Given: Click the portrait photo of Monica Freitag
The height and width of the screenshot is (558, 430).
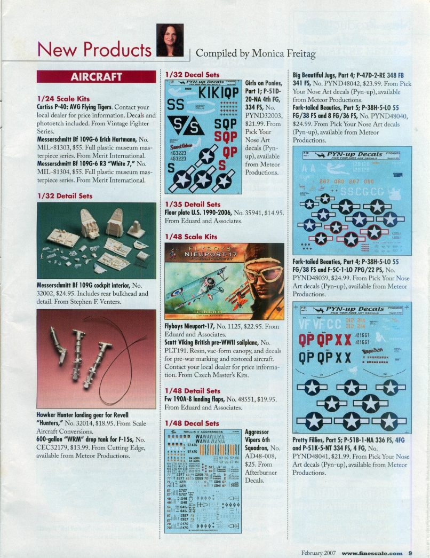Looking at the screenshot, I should [x=170, y=41].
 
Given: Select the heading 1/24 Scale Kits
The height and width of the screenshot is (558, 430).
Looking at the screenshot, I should [x=63, y=99].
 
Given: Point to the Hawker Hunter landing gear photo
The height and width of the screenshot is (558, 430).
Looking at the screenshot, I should [x=96, y=360].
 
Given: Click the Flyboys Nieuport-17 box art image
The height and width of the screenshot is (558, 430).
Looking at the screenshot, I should [x=224, y=281].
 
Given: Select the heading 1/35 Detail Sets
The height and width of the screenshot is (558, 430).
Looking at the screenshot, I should [x=193, y=204].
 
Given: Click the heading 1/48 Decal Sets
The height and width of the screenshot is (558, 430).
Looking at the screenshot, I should [x=192, y=423].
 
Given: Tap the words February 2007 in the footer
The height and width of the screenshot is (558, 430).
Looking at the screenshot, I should [x=318, y=553].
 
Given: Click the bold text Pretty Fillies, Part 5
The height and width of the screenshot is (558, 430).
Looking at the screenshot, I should [x=320, y=441].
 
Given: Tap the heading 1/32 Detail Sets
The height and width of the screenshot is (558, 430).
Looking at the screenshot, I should [x=65, y=196].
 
